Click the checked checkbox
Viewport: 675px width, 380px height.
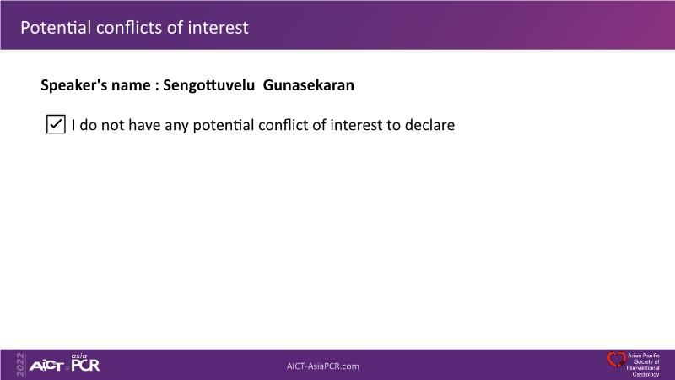click(56, 124)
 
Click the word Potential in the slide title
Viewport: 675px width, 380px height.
click(56, 28)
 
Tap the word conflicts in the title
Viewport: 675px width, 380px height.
click(129, 28)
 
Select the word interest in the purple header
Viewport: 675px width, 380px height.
click(219, 28)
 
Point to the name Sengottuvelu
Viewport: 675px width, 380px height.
click(208, 85)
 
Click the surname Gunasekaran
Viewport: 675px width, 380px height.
click(309, 85)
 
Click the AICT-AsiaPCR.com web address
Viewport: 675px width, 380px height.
click(323, 366)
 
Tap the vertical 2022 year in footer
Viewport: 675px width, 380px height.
click(20, 365)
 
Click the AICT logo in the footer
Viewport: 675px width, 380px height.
click(46, 366)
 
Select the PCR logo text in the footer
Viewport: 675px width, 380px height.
click(85, 365)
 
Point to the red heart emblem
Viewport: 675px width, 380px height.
click(617, 360)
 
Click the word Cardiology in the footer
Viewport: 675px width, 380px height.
click(645, 374)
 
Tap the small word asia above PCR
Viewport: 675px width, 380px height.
click(79, 356)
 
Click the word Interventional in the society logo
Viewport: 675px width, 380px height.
click(643, 368)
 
